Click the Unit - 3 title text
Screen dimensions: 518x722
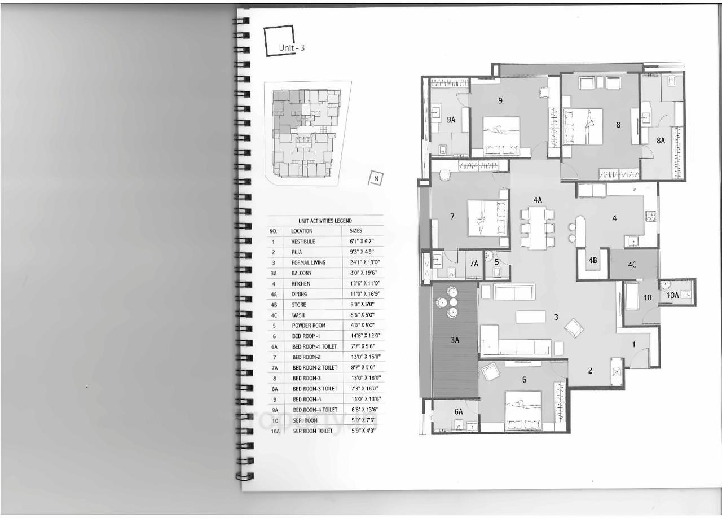[x=292, y=48]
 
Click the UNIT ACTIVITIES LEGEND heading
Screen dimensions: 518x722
[x=325, y=221]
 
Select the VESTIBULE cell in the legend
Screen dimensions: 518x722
[x=303, y=242]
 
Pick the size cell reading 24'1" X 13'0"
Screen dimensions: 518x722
[x=362, y=262]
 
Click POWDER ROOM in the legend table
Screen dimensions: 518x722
[x=307, y=326]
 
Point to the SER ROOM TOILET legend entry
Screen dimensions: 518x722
[x=311, y=431]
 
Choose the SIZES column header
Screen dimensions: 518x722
[x=356, y=231]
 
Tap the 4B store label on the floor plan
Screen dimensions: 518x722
[x=593, y=260]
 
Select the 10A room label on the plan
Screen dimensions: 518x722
[x=672, y=295]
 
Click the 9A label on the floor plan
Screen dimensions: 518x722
[x=451, y=120]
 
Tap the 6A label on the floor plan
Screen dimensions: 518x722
[x=458, y=412]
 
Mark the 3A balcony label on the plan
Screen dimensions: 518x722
[x=455, y=340]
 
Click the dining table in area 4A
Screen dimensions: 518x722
[x=537, y=228]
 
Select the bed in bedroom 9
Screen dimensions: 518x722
[x=501, y=135]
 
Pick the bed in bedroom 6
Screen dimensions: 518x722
[x=523, y=410]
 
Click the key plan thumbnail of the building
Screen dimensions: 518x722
[x=307, y=133]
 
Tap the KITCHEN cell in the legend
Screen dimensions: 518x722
[x=301, y=283]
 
